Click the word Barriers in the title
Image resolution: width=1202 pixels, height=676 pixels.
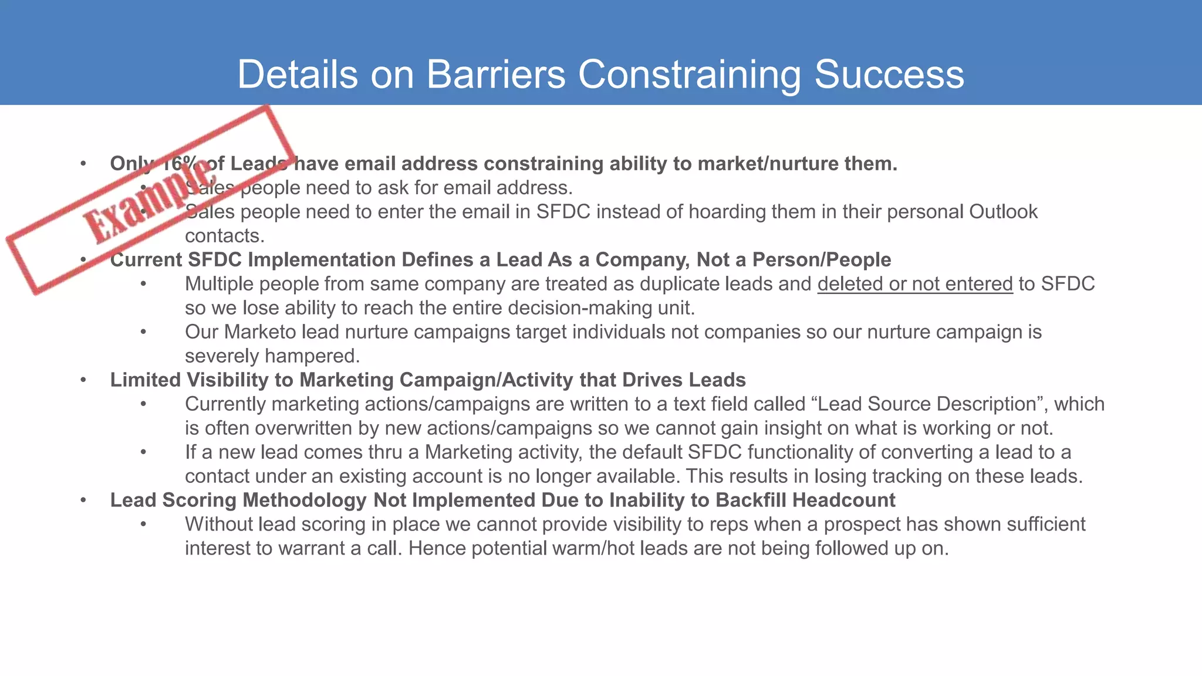pos(496,75)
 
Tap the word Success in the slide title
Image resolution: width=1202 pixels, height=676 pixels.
pos(889,75)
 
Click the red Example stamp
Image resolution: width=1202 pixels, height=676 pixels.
pos(150,200)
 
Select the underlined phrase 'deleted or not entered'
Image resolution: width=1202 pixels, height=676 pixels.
pos(915,284)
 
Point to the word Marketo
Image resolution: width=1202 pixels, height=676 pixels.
pos(260,332)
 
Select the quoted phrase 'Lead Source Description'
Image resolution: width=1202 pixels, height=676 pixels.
pos(927,404)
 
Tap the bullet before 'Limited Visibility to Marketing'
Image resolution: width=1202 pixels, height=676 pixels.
pos(84,380)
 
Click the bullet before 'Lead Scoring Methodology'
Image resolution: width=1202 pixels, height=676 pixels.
pos(84,500)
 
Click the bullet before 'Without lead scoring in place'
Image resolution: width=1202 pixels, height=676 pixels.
pos(143,525)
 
